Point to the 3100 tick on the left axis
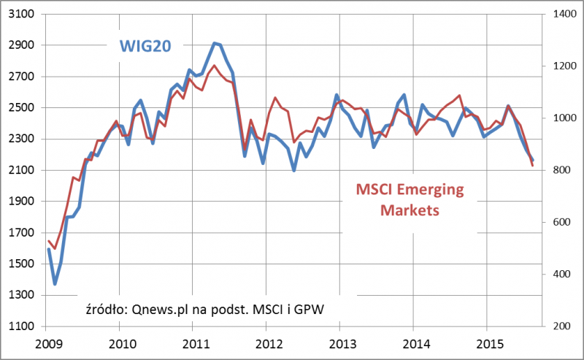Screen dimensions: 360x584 click(x=20, y=15)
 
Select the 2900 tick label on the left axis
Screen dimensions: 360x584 click(x=20, y=45)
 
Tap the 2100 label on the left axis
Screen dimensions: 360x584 click(x=20, y=170)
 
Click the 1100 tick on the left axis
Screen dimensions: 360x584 click(x=20, y=326)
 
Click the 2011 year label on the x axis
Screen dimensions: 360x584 click(x=193, y=342)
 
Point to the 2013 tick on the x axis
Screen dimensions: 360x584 click(x=341, y=342)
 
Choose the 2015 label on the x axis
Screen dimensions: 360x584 click(x=488, y=342)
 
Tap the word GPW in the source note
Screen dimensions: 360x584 click(x=310, y=309)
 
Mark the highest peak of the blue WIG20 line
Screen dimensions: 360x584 click(x=214, y=43)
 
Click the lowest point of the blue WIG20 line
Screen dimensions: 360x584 click(x=54, y=284)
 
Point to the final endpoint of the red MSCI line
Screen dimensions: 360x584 click(x=533, y=166)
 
